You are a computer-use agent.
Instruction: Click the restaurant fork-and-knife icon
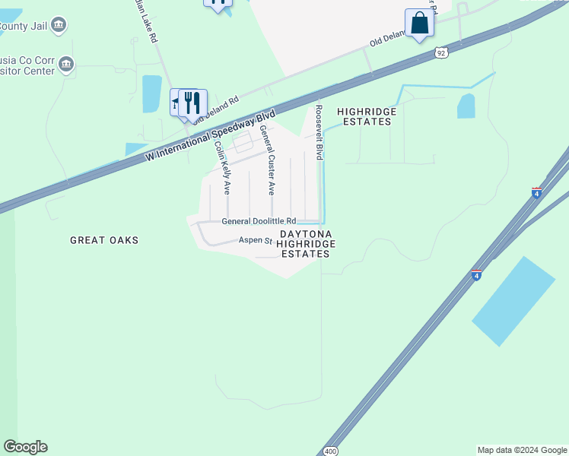click(x=192, y=103)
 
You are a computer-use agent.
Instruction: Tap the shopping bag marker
click(x=419, y=23)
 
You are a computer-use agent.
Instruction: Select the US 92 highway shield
click(x=442, y=52)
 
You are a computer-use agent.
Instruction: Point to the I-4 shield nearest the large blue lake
click(x=476, y=275)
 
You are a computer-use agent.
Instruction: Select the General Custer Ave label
click(x=266, y=160)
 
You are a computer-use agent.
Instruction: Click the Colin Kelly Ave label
click(x=222, y=168)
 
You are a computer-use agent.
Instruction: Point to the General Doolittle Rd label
click(x=258, y=221)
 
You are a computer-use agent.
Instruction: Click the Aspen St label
click(x=256, y=240)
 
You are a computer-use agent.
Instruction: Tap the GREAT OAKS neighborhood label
click(x=104, y=240)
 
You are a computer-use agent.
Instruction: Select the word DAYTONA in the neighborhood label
click(x=307, y=234)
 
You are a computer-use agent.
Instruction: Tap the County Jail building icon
click(x=59, y=25)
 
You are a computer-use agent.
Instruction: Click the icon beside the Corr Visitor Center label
click(x=66, y=65)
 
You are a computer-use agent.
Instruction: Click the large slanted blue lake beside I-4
click(x=513, y=301)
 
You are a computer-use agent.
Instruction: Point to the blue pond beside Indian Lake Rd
click(x=151, y=93)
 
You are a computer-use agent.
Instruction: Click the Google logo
click(x=25, y=447)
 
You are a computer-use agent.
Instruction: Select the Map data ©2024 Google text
click(x=521, y=450)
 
